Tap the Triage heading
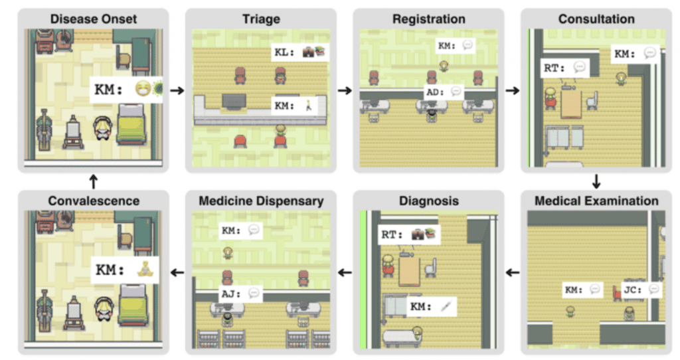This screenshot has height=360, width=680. click(x=261, y=19)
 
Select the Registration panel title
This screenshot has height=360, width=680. click(x=428, y=19)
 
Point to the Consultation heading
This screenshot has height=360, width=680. click(x=596, y=19)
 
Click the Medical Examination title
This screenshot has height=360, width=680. click(x=596, y=201)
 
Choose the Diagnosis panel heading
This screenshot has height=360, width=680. click(x=428, y=201)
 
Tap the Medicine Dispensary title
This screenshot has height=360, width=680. click(x=261, y=201)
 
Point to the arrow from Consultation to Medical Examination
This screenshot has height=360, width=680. click(x=596, y=181)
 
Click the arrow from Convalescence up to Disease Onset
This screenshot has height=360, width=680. click(x=94, y=181)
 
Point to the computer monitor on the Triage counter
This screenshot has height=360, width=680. click(x=234, y=101)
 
